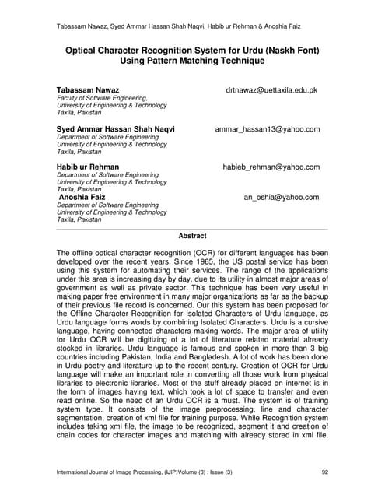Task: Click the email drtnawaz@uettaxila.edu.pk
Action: coord(271,90)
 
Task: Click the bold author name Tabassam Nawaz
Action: coord(88,90)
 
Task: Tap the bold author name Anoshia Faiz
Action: coord(84,198)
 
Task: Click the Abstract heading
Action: coord(192,236)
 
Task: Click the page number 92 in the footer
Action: coord(325,472)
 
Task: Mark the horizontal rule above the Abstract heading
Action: coord(192,229)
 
